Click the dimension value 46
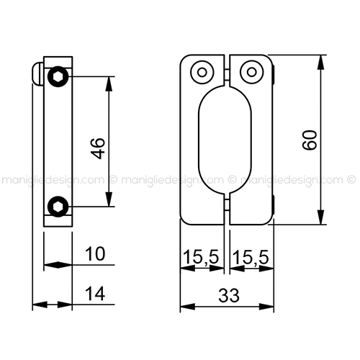tap(99, 148)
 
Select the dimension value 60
tap(310, 140)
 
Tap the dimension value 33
tap(229, 295)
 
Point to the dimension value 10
tap(95, 253)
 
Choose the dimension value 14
tap(95, 293)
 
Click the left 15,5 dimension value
tap(201, 257)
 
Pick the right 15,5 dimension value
tap(251, 257)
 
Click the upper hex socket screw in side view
tap(58, 76)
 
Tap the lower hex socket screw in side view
tap(58, 207)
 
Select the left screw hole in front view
tap(202, 72)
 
